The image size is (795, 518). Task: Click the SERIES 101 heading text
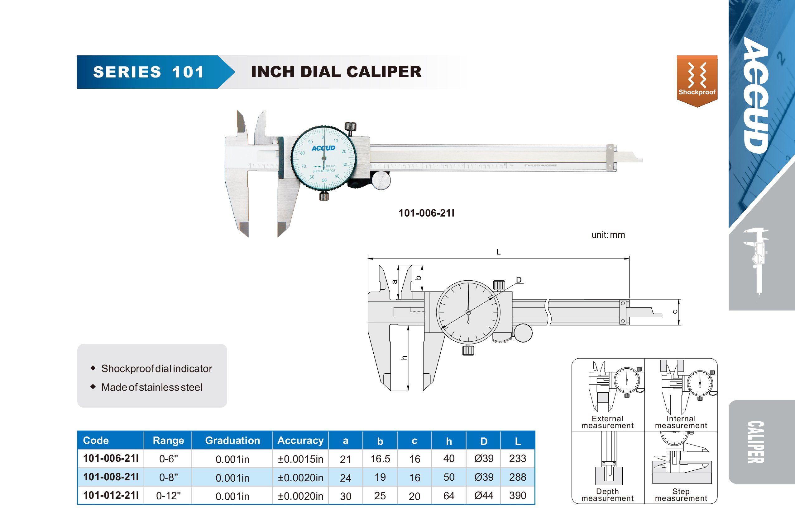(x=149, y=72)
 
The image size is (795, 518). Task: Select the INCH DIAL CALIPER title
(x=336, y=72)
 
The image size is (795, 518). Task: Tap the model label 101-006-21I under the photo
(x=426, y=213)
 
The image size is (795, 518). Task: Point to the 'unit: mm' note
(x=608, y=235)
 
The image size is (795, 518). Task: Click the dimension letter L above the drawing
(x=498, y=252)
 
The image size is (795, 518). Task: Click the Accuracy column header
(x=300, y=440)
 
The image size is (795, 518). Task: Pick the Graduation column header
(x=232, y=440)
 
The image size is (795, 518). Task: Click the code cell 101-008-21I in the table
(x=111, y=477)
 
